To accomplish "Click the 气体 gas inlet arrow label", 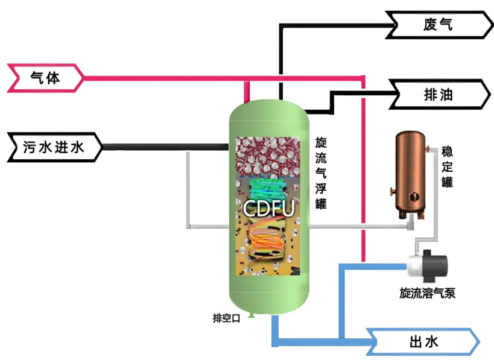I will (x=46, y=78).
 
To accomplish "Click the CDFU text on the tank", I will (x=268, y=209).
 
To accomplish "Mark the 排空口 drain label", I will (x=226, y=318).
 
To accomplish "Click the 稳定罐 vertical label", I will (x=447, y=166).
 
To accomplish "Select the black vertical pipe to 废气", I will (x=280, y=60).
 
